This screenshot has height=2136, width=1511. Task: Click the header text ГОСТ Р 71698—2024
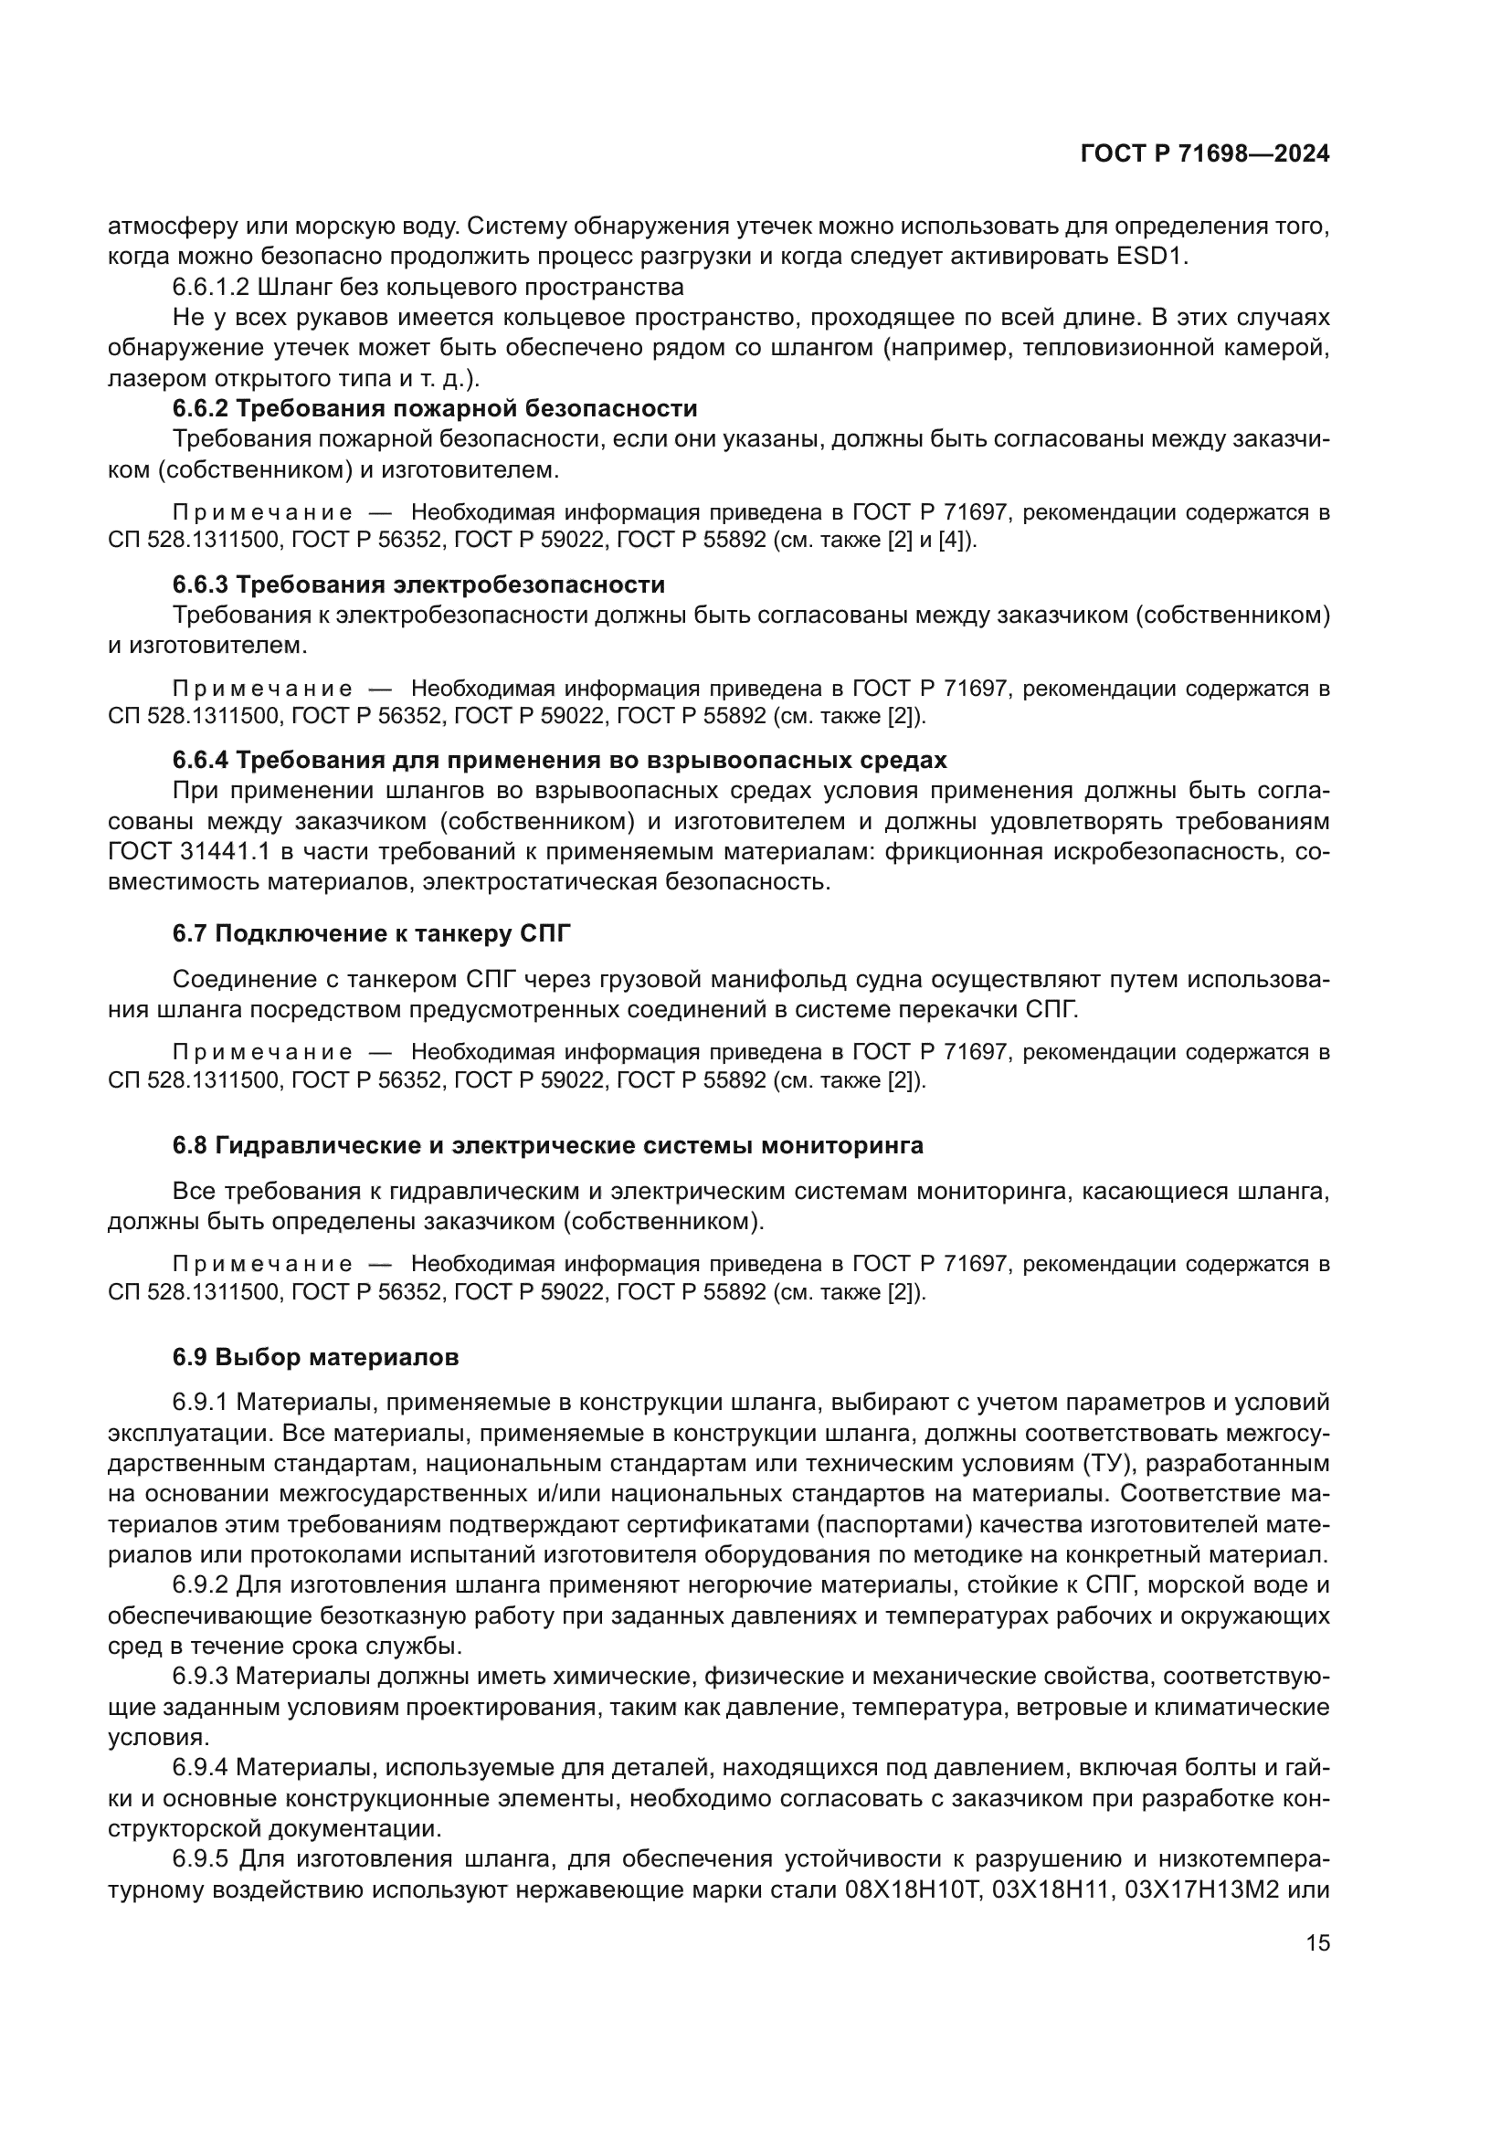1205,154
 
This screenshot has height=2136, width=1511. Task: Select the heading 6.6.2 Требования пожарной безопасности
435,408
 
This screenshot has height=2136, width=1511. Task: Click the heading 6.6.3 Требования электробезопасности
418,584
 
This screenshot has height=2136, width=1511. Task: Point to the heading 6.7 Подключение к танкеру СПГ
370,934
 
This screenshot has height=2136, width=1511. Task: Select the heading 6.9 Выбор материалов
315,1357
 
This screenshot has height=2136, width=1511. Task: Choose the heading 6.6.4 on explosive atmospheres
559,760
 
